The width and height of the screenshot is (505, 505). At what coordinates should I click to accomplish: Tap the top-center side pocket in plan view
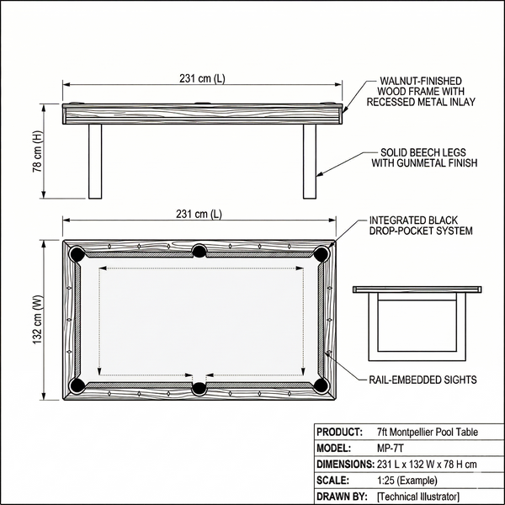199,251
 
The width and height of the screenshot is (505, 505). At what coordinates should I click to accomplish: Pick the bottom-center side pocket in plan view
199,388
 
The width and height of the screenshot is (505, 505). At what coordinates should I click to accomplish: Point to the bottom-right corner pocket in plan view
320,385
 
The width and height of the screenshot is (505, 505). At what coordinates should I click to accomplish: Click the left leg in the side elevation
95,162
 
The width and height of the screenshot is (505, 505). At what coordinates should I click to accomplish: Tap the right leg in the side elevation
310,162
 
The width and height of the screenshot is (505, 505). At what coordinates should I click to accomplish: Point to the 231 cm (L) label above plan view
202,215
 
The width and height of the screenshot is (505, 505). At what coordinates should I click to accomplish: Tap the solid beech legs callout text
424,158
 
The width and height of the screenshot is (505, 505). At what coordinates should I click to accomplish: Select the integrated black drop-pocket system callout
421,225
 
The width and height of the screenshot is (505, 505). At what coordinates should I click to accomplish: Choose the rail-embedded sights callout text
423,380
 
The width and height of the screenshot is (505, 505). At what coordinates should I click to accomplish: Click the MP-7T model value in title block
390,448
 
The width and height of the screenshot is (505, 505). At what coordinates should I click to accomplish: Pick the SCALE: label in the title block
335,480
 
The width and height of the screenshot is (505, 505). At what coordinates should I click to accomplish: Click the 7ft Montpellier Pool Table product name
428,432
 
